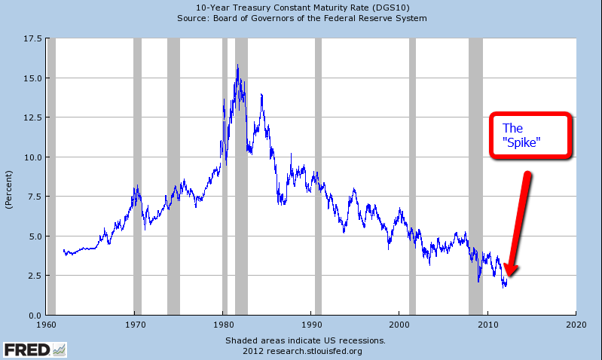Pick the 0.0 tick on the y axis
33,315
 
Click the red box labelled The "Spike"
532,136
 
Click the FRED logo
34,349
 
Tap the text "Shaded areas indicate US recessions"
305,340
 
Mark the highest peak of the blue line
238,66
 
